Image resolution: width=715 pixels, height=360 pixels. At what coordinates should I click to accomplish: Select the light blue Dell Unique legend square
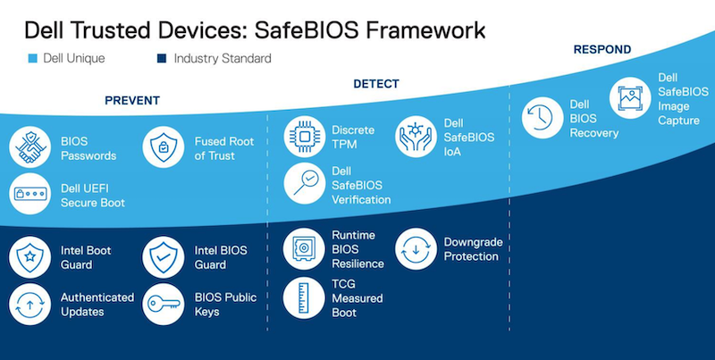coord(33,59)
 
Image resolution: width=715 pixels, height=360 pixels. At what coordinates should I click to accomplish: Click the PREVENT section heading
coord(132,101)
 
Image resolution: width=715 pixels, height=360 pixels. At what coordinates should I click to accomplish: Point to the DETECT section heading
coord(376,84)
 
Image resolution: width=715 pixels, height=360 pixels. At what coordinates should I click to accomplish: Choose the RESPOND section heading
coord(601,50)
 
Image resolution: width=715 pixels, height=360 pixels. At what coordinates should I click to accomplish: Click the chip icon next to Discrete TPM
coord(305,137)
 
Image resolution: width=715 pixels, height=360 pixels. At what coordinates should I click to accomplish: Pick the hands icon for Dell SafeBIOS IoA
coord(417,137)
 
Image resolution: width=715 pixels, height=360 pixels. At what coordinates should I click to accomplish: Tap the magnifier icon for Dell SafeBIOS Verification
coord(305,184)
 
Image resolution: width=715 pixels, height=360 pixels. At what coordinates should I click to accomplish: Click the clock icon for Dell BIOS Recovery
coord(543,120)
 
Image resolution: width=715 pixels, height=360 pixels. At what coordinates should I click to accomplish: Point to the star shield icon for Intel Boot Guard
coord(30,257)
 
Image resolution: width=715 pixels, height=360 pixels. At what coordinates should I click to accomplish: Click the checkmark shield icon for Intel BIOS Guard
coord(164,257)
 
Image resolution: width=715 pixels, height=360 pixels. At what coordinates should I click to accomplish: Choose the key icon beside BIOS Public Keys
coord(164,305)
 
